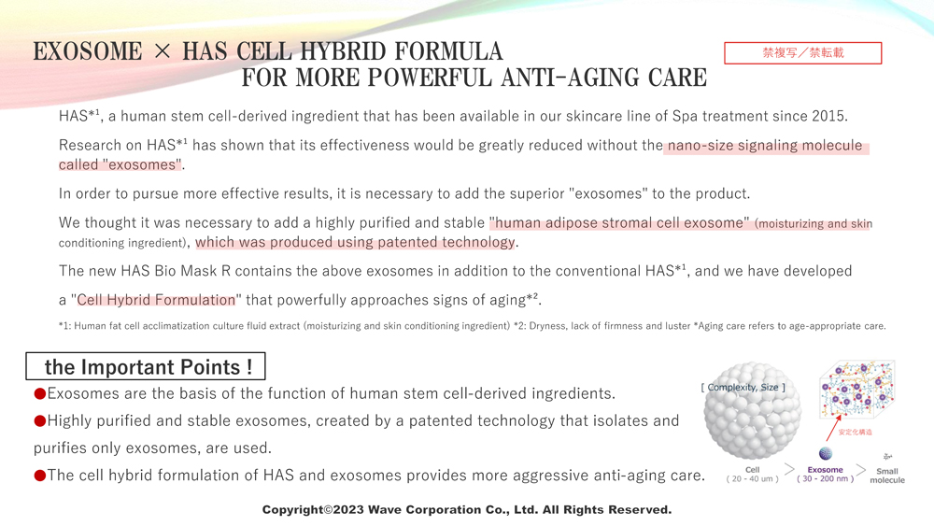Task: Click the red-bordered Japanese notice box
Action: pyautogui.click(x=802, y=53)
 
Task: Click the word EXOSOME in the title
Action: pyautogui.click(x=88, y=51)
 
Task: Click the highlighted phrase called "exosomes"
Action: pyautogui.click(x=120, y=164)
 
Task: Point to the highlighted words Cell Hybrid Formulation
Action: pyautogui.click(x=156, y=300)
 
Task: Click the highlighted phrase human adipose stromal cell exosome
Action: pyautogui.click(x=619, y=222)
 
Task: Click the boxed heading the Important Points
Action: pyautogui.click(x=146, y=366)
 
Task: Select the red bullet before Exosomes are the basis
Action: pyautogui.click(x=40, y=393)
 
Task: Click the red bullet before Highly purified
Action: pyautogui.click(x=40, y=421)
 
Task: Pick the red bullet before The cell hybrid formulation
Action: pyautogui.click(x=40, y=476)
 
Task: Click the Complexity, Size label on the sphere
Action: pyautogui.click(x=743, y=387)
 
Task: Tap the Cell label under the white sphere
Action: pyautogui.click(x=752, y=469)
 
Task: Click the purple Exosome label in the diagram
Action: pyautogui.click(x=825, y=469)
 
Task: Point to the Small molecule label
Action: pyautogui.click(x=887, y=476)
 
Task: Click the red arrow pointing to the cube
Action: pyautogui.click(x=833, y=428)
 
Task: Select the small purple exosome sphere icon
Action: pyautogui.click(x=825, y=454)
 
